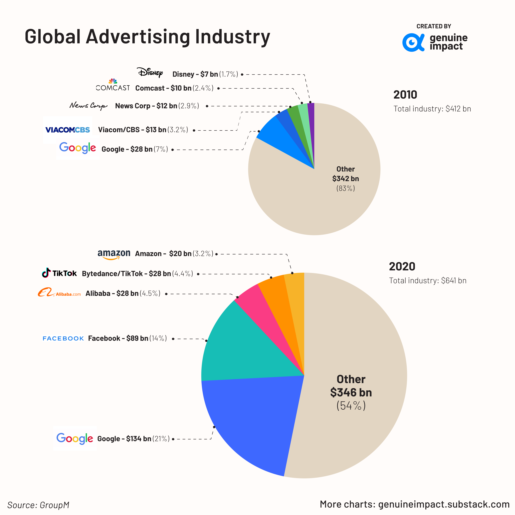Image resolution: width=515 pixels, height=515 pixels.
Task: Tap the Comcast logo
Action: [x=113, y=85]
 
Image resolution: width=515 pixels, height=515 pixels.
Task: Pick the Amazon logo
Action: [x=114, y=254]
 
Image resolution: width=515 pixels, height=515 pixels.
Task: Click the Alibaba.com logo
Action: [x=59, y=293]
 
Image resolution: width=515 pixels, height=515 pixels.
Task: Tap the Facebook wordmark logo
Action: [x=63, y=338]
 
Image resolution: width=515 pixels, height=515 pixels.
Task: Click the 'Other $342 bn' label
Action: [x=345, y=174]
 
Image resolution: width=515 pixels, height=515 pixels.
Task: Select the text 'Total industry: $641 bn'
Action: [x=428, y=281]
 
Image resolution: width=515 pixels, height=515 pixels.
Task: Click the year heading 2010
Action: [x=405, y=95]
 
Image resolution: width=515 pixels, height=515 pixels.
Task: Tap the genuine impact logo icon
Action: [x=413, y=42]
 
